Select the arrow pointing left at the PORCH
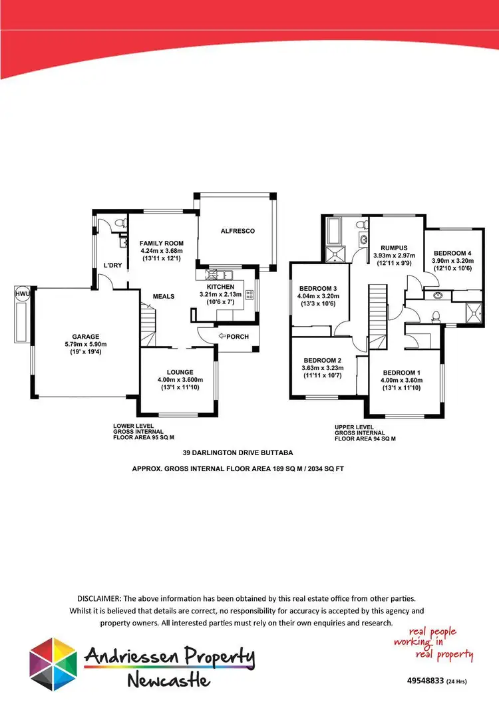[221, 336]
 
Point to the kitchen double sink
[224, 273]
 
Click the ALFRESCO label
[238, 231]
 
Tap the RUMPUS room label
[385, 247]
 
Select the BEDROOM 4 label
[452, 253]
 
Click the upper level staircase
[377, 313]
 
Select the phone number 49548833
[425, 681]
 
